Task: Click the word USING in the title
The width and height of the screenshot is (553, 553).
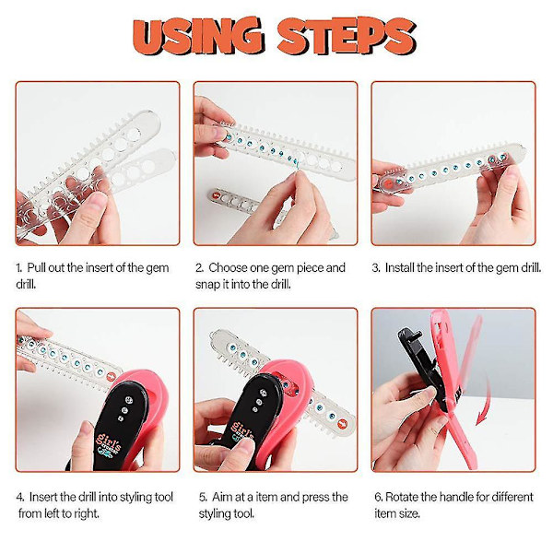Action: coord(198,35)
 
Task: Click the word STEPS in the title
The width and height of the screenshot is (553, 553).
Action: coord(347,36)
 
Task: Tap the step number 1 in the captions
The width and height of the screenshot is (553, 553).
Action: coord(18,268)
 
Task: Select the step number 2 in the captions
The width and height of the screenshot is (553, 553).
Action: coord(199,268)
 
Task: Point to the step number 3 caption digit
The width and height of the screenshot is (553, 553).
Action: coord(376,268)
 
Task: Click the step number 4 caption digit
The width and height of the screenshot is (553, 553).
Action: coord(20,498)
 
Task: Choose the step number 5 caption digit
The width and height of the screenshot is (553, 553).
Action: coord(203,498)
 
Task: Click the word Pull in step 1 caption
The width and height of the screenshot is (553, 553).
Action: coord(36,267)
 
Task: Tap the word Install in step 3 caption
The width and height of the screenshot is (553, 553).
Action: coord(400,267)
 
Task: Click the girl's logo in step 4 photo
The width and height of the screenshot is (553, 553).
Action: coord(109,446)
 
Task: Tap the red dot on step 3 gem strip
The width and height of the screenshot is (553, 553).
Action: coord(388,183)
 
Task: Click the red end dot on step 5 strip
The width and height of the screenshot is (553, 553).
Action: coord(342,424)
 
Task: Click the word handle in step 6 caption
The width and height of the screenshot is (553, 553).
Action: coord(454,497)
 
